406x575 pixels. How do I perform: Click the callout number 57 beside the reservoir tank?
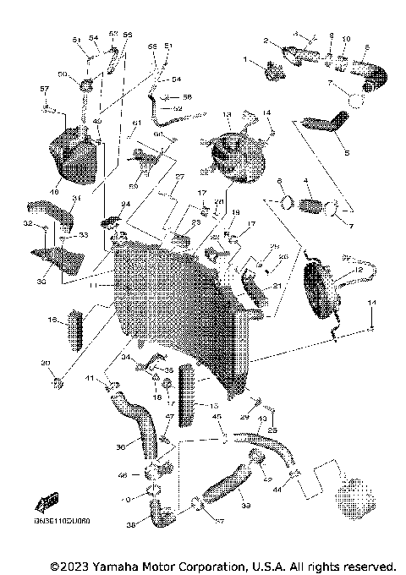[x=46, y=89]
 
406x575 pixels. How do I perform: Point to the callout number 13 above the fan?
[x=227, y=114]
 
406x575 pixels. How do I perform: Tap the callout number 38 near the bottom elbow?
[x=129, y=524]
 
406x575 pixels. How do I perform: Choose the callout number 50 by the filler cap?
[x=85, y=74]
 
